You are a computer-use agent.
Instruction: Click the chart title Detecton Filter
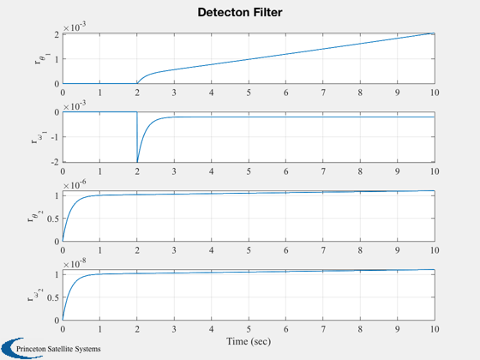(240, 12)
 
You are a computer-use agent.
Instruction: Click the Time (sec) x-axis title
(249, 341)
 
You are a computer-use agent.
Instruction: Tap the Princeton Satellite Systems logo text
(58, 349)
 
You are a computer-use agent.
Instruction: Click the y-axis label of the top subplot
(42, 58)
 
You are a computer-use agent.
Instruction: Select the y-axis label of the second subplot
(39, 137)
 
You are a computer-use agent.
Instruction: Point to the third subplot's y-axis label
(35, 216)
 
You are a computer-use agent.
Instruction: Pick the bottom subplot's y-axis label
(35, 295)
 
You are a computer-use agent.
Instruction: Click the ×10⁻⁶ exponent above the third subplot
(75, 184)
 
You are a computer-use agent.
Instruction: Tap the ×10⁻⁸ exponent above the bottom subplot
(75, 263)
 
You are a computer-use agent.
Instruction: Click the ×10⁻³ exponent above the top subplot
(75, 27)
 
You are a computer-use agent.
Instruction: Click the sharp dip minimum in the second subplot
(137, 162)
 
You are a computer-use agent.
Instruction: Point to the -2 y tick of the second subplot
(55, 162)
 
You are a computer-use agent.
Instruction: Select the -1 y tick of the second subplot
(55, 137)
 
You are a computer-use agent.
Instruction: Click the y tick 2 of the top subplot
(57, 34)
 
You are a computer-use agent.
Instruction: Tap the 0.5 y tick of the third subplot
(53, 219)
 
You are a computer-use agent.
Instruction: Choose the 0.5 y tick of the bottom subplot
(53, 297)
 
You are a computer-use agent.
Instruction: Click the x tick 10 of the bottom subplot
(435, 329)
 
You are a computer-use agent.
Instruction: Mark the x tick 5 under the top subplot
(249, 93)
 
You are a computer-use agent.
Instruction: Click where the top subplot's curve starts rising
(137, 83)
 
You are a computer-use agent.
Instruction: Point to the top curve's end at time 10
(435, 33)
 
